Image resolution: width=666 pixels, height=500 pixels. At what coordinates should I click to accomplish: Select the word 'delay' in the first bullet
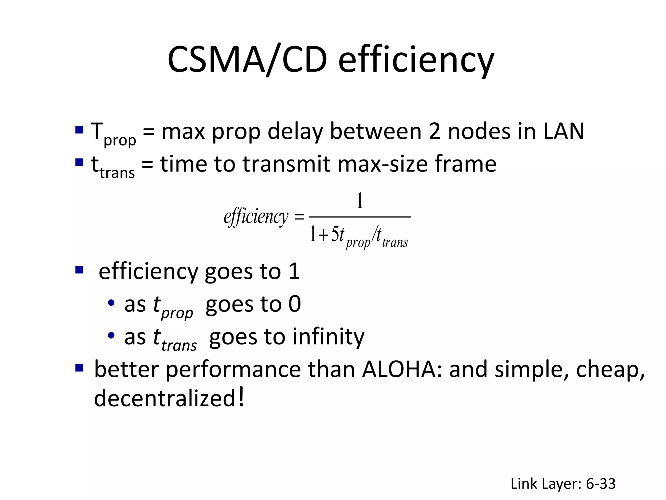[x=295, y=131]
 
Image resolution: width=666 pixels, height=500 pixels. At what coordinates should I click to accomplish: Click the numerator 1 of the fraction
[x=359, y=201]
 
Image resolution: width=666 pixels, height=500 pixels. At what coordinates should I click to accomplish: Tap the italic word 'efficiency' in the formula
[x=256, y=217]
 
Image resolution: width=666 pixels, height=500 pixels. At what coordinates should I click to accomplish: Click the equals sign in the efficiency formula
[x=299, y=217]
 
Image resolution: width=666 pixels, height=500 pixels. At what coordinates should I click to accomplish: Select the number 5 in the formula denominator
[x=335, y=234]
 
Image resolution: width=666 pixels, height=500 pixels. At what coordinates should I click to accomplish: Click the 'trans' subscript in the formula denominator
[x=395, y=243]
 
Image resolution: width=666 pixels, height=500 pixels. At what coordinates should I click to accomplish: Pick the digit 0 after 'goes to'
[x=295, y=304]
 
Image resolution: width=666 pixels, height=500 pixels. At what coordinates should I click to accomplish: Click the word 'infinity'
[x=328, y=337]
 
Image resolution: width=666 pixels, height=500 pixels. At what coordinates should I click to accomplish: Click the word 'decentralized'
[x=165, y=398]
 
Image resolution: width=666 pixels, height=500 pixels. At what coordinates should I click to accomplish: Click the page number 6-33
[x=601, y=484]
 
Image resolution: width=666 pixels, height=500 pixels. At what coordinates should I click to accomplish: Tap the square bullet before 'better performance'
[x=79, y=368]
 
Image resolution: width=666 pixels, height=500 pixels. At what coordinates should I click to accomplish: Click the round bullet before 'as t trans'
[x=111, y=336]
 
